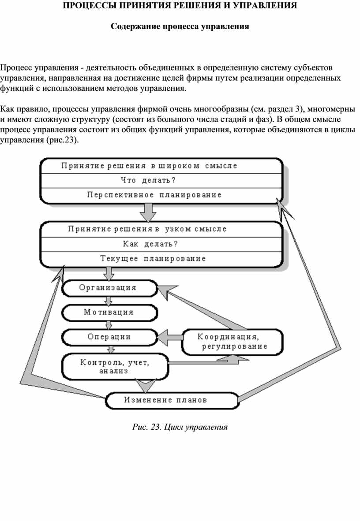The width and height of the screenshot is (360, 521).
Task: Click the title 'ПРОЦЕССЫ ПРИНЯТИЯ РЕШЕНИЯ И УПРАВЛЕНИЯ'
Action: pos(180,6)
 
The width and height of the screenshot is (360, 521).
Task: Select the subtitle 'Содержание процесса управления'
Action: pos(180,26)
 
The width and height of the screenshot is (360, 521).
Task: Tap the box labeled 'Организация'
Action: pos(109,288)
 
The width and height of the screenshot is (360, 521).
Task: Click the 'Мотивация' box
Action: pos(109,313)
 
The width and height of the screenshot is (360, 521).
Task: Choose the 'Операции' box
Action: pos(109,337)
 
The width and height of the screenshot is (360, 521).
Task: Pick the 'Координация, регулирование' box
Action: pos(232,342)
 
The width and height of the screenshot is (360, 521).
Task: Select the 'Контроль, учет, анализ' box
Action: pos(115,367)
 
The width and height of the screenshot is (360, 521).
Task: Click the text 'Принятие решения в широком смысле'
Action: pos(149,166)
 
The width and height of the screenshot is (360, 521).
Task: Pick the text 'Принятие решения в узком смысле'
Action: pos(148,229)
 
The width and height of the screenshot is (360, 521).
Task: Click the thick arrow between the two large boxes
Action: pos(147,212)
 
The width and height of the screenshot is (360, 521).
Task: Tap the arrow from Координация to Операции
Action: pos(170,338)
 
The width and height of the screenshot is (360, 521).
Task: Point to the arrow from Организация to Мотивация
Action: pos(108,301)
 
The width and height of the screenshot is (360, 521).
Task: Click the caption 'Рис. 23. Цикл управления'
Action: pos(180,427)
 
